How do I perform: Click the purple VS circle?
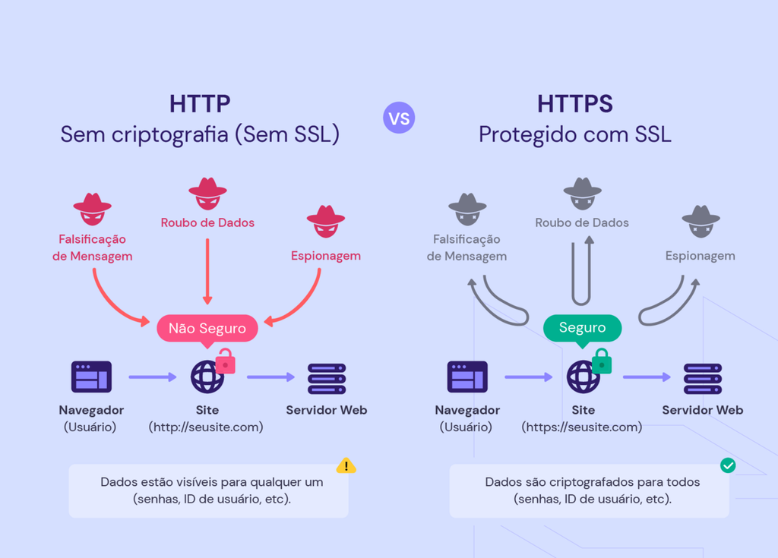[399, 118]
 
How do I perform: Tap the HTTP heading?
[200, 104]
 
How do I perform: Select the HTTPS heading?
[575, 104]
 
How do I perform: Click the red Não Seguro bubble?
[207, 328]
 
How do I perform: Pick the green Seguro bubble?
[582, 328]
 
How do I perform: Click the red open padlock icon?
[226, 363]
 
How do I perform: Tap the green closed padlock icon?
[602, 361]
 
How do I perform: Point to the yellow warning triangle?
[346, 465]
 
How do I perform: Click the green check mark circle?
[728, 465]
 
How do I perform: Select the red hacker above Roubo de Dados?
[207, 194]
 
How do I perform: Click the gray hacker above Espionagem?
[701, 221]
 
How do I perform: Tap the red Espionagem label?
[326, 256]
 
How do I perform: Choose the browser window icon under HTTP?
[91, 377]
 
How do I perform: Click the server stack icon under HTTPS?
[703, 378]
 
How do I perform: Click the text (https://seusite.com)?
[582, 427]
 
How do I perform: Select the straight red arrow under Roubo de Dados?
[207, 270]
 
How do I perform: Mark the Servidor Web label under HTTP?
[327, 410]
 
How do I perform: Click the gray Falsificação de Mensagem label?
[466, 247]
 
